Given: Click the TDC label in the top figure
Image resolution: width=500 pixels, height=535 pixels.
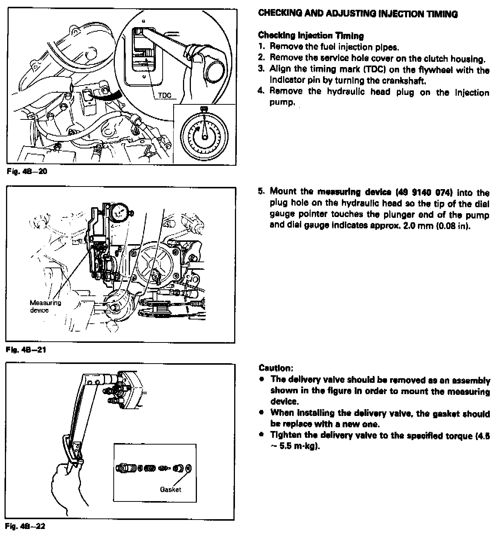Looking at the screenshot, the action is click(x=165, y=96).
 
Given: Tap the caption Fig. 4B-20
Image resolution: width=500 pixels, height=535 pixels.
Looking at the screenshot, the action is click(x=27, y=172).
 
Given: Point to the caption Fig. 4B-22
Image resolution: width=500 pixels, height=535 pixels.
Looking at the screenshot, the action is click(x=26, y=526).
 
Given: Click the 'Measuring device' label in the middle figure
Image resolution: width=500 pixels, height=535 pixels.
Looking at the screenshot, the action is click(x=45, y=306).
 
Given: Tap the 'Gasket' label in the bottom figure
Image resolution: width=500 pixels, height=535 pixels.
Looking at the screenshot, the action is click(x=171, y=489).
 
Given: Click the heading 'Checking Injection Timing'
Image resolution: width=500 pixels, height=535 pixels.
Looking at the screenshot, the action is click(x=311, y=36).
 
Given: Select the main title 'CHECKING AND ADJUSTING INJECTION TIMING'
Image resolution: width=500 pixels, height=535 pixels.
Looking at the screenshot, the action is click(x=358, y=14).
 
